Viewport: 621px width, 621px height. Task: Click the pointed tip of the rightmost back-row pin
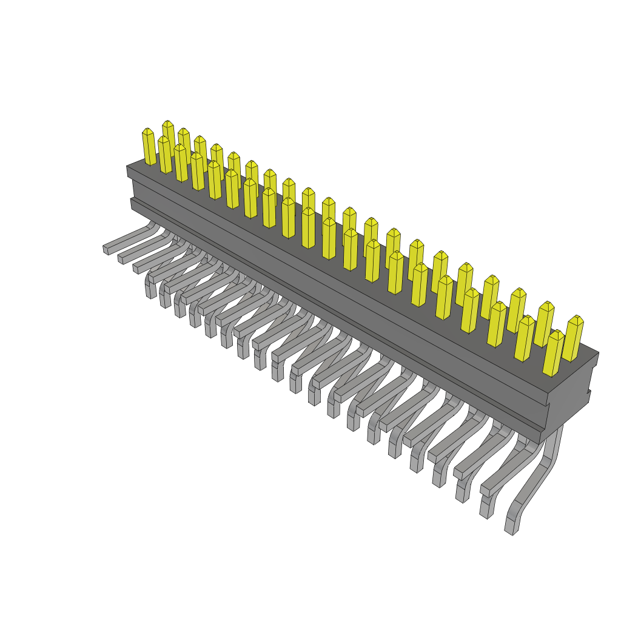click(x=576, y=317)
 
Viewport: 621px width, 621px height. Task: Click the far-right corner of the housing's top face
click(x=598, y=352)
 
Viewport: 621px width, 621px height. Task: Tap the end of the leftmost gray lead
click(x=106, y=249)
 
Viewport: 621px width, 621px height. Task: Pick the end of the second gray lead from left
click(x=121, y=259)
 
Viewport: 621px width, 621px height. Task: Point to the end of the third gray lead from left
click(x=136, y=268)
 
